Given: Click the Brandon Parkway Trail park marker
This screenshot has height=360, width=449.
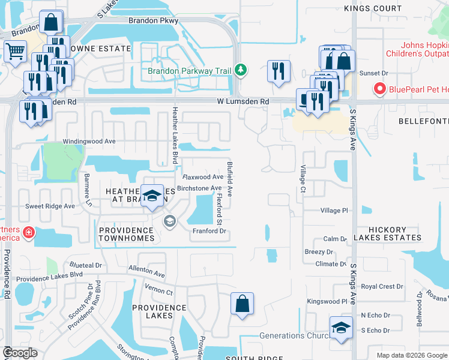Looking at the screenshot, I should (240, 71).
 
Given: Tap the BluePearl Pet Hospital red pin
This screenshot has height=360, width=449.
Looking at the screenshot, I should (379, 89).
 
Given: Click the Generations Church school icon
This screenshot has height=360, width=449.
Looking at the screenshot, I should (341, 328).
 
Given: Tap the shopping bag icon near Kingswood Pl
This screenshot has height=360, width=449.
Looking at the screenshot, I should (242, 304).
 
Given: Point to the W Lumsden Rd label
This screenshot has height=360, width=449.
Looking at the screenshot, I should (244, 102).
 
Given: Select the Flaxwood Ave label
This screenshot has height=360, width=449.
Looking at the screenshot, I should (203, 177).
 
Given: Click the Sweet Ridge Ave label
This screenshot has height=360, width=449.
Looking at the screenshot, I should (50, 206).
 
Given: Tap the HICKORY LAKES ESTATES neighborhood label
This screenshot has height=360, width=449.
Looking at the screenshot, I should (387, 234).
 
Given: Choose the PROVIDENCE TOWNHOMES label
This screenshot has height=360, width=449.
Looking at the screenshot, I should (127, 234).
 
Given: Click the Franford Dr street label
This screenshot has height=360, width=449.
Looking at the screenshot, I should (208, 231).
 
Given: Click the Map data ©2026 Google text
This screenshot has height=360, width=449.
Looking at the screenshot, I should (412, 355).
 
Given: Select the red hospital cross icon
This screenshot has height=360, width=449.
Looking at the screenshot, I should (28, 232).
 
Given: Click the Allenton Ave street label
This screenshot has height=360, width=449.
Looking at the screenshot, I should (146, 273).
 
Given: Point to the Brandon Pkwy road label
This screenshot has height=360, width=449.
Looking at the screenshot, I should (150, 20).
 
